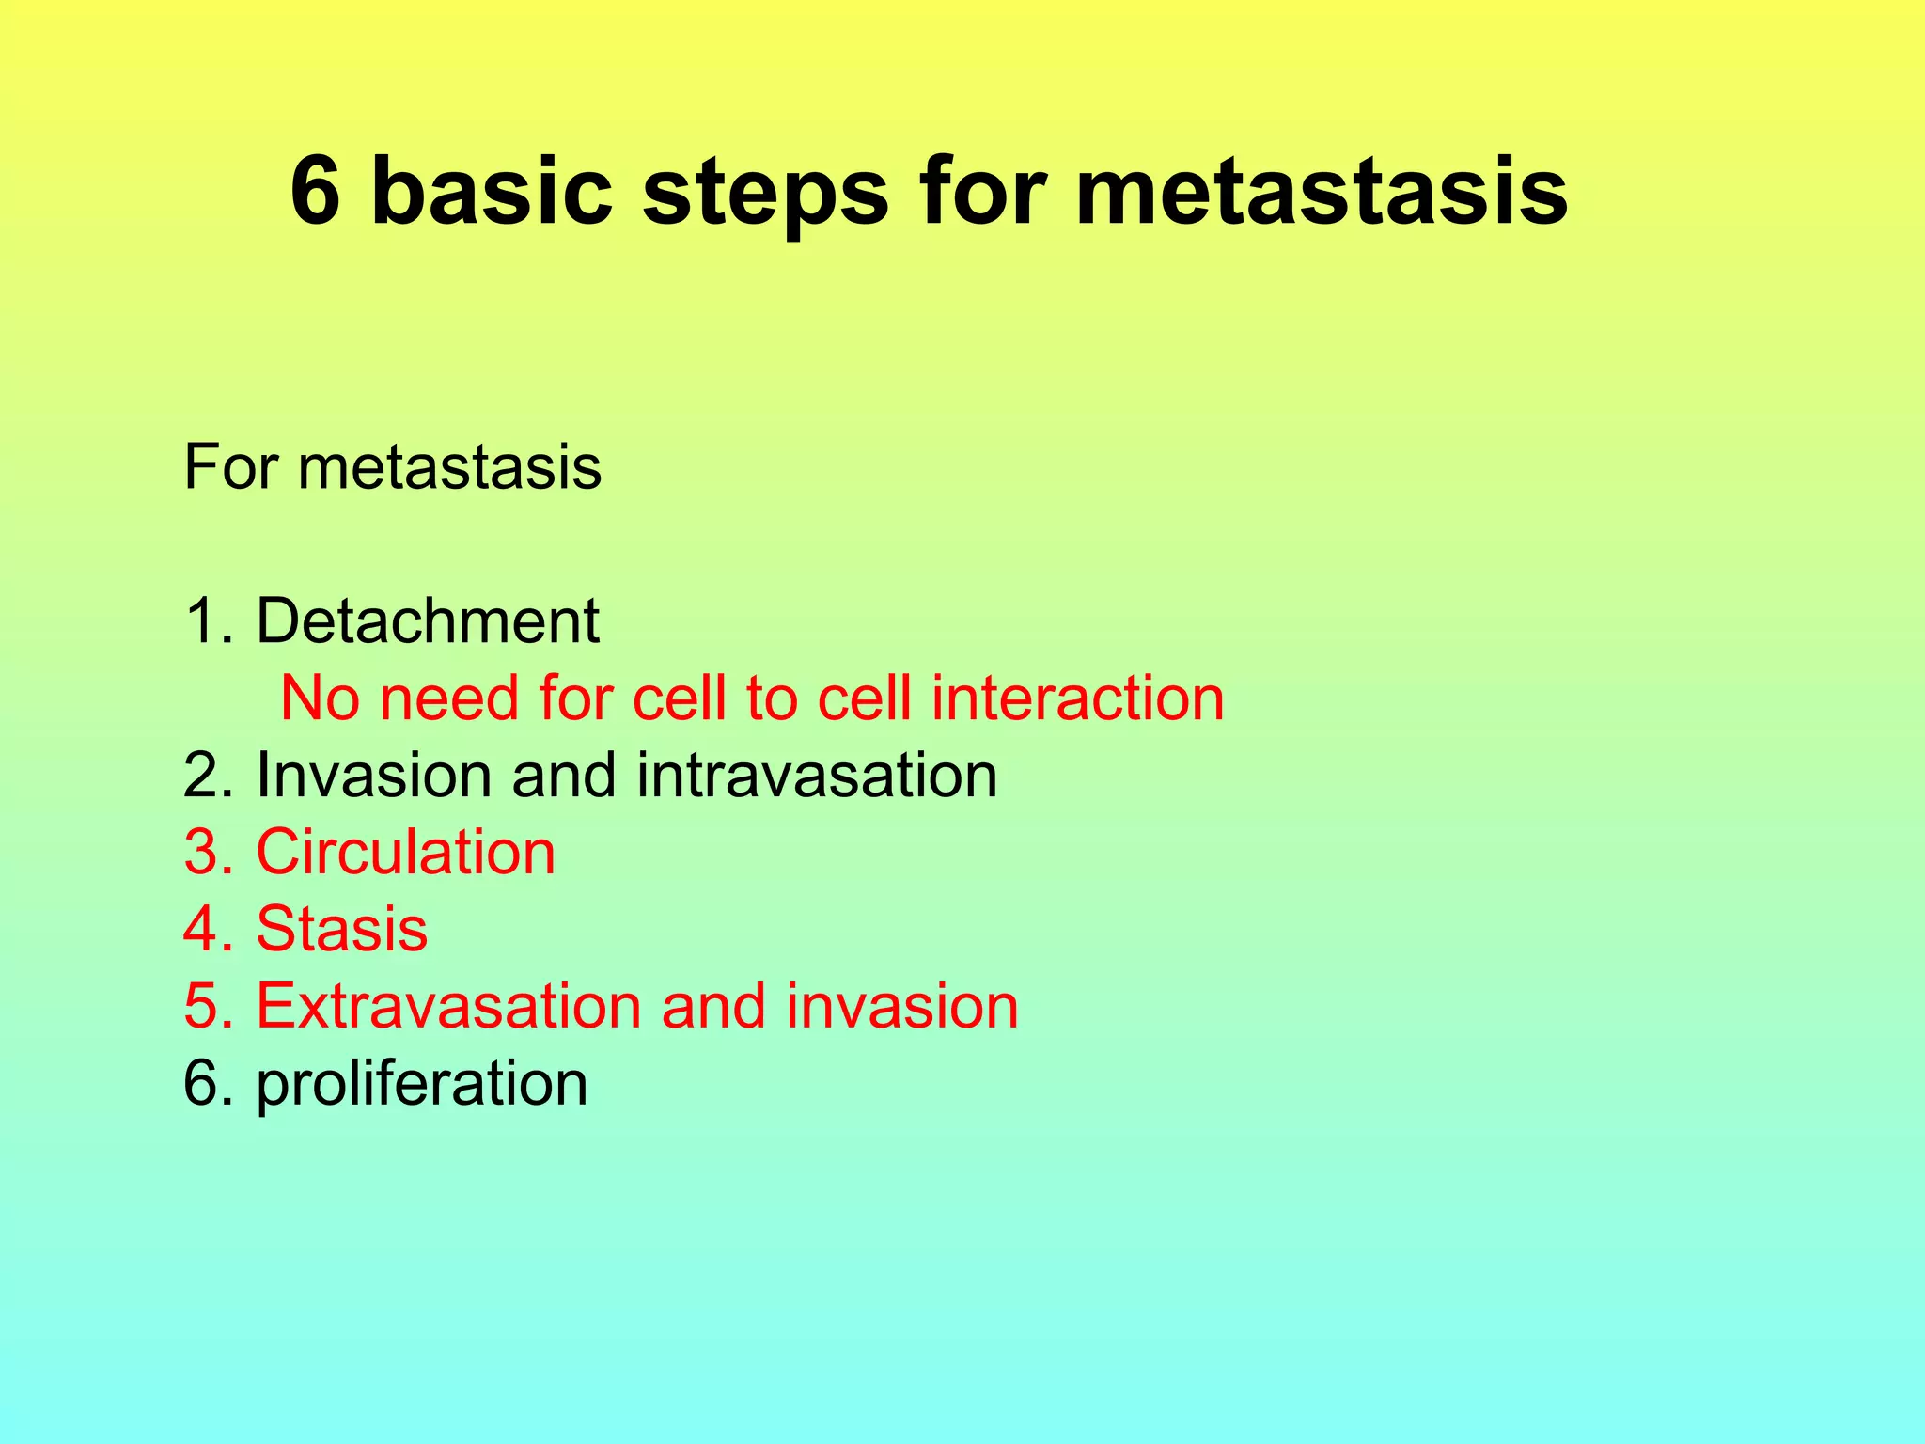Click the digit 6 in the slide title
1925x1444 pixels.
[x=315, y=191]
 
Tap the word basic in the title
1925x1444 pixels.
[x=492, y=191]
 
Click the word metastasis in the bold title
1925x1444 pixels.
[x=1321, y=191]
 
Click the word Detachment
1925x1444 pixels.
[x=427, y=621]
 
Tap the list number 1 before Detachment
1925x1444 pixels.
[x=202, y=621]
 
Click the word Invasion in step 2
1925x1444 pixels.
[x=373, y=776]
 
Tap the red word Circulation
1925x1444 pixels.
[x=405, y=853]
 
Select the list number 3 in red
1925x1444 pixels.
[x=202, y=853]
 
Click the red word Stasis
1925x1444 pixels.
[x=341, y=930]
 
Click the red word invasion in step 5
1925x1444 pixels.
[x=902, y=1007]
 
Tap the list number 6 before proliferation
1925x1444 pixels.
[x=202, y=1084]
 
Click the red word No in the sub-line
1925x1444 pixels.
[x=320, y=698]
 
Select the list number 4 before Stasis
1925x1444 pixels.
[x=202, y=930]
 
